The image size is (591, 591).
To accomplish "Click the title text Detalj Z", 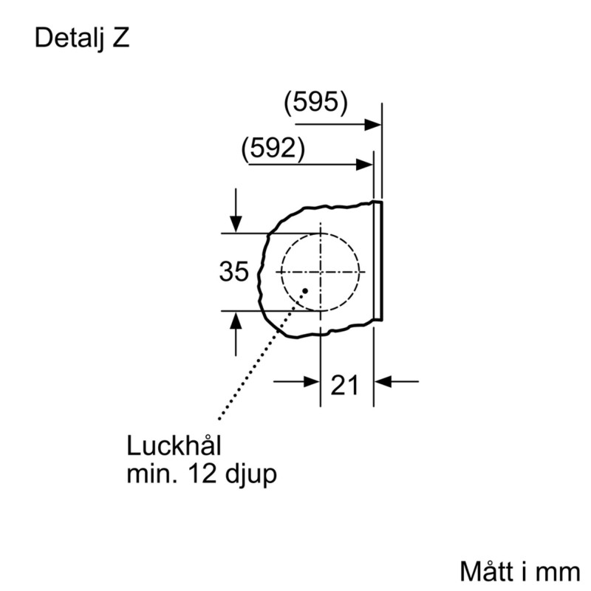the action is pyautogui.click(x=82, y=38).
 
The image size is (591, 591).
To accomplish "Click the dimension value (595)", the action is pyautogui.click(x=315, y=102).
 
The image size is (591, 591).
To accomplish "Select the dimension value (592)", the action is pyautogui.click(x=273, y=148).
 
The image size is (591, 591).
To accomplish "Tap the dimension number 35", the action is pyautogui.click(x=233, y=271).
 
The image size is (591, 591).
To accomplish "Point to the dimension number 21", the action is pyautogui.click(x=344, y=385).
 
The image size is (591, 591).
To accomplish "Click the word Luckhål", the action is pyautogui.click(x=174, y=445).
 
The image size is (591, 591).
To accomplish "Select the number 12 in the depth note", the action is pyautogui.click(x=202, y=474).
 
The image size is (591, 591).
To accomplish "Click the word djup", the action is pyautogui.click(x=250, y=474).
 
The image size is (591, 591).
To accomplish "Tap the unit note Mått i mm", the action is pyautogui.click(x=520, y=572).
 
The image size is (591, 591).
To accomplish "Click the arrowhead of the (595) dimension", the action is pyautogui.click(x=373, y=124).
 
